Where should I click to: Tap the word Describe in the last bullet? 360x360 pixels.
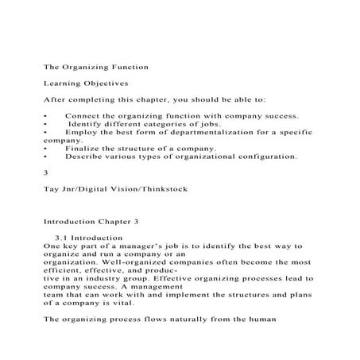pyautogui.click(x=84, y=157)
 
